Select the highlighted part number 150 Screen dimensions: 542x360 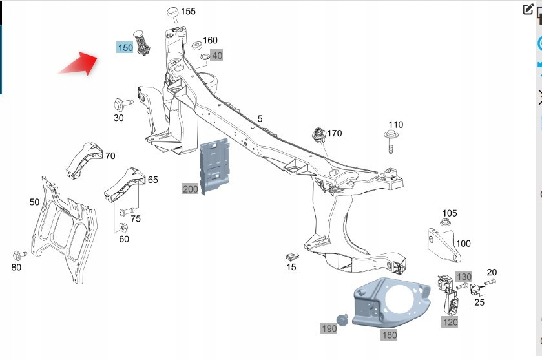pyautogui.click(x=125, y=47)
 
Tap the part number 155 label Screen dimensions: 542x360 pyautogui.click(x=187, y=11)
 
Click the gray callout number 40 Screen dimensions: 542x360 pyautogui.click(x=217, y=56)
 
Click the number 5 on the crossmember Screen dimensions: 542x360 pyautogui.click(x=260, y=118)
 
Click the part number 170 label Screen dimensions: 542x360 pyautogui.click(x=334, y=134)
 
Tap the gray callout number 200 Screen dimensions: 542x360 pyautogui.click(x=191, y=189)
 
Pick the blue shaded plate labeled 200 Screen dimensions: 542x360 pyautogui.click(x=216, y=165)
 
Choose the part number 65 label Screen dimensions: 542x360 pyautogui.click(x=152, y=180)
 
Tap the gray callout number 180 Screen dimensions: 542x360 pyautogui.click(x=390, y=335)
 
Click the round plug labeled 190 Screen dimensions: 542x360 pyautogui.click(x=343, y=318)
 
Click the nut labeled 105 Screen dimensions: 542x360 pyautogui.click(x=446, y=223)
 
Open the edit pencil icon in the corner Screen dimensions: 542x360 pyautogui.click(x=528, y=9)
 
